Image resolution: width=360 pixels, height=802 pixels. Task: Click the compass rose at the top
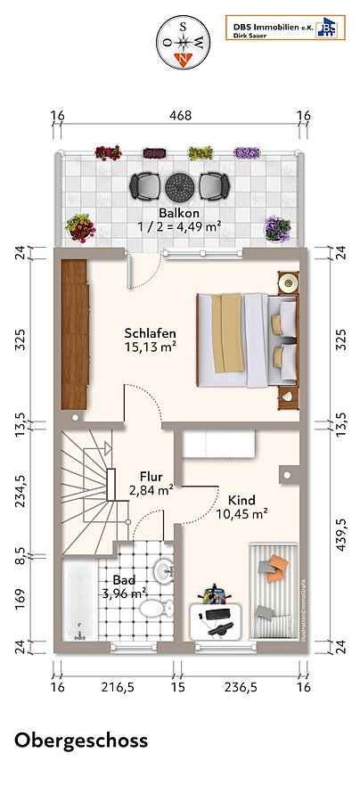(x=184, y=42)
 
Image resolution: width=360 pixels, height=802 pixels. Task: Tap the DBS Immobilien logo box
(x=285, y=28)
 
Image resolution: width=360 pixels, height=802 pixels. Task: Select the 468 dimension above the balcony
(x=181, y=116)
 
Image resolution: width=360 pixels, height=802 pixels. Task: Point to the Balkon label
(x=178, y=213)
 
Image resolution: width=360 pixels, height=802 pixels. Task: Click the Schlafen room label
(x=151, y=333)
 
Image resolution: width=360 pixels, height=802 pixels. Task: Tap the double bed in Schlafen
(x=247, y=340)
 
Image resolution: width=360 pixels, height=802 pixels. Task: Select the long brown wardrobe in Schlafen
(x=75, y=334)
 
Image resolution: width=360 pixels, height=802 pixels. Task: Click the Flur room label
(x=151, y=478)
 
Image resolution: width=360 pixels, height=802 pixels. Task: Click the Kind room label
(x=241, y=500)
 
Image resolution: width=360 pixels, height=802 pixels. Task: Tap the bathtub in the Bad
(x=78, y=601)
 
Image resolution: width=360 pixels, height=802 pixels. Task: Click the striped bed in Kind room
(x=274, y=591)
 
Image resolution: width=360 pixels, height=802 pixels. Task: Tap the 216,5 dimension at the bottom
(x=118, y=687)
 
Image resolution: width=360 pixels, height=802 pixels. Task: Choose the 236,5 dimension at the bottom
(x=241, y=687)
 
